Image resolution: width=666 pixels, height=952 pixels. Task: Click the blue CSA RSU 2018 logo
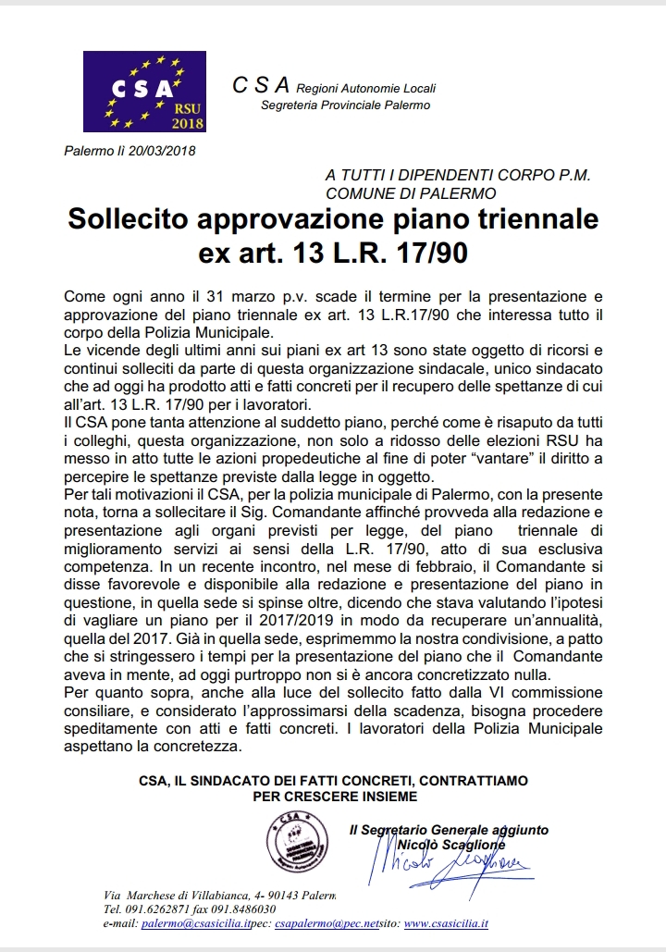tap(144, 91)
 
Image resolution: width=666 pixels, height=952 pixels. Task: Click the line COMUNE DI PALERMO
tap(411, 192)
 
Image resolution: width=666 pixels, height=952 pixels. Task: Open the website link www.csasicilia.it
tap(446, 924)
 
